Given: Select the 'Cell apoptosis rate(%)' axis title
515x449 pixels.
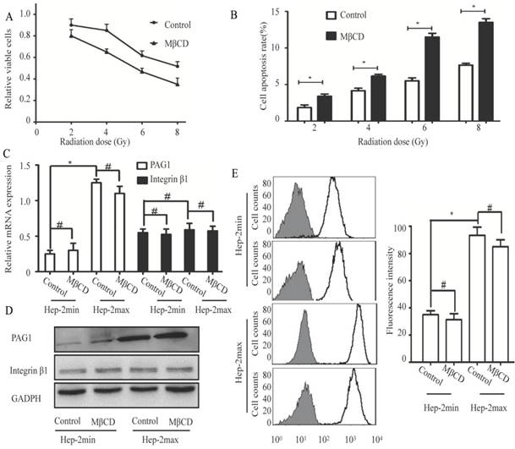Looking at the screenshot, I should pos(271,65).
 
